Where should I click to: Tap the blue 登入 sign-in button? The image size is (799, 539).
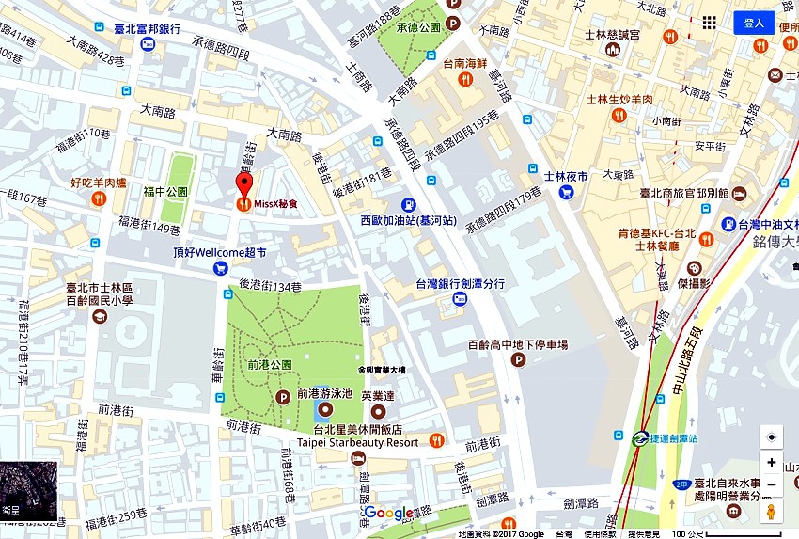[x=754, y=23]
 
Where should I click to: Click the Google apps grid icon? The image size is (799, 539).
[x=711, y=23]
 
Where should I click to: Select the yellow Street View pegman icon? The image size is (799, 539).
[x=771, y=512]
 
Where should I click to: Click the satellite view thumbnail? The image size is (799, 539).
[x=28, y=490]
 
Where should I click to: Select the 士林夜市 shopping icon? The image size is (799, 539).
[x=566, y=192]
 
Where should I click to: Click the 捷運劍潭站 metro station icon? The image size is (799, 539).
[x=639, y=437]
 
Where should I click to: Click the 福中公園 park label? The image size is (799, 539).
[x=165, y=191]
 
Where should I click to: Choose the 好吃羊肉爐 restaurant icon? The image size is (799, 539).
[x=98, y=198]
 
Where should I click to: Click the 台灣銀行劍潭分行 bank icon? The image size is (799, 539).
[x=459, y=299]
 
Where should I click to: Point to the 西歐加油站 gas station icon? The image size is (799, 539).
[x=409, y=204]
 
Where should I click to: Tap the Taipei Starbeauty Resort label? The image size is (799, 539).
[x=357, y=441]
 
